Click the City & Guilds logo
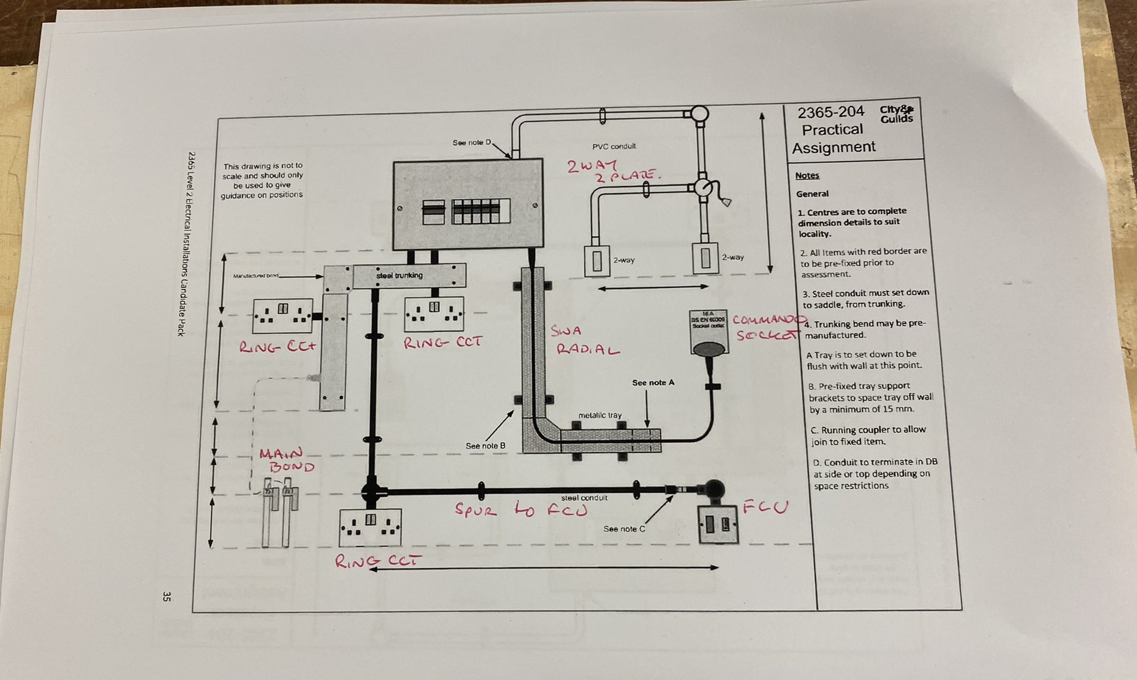click(896, 114)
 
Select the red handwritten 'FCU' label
click(766, 506)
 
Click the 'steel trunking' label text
click(399, 275)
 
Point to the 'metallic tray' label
click(600, 415)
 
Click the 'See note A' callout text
click(653, 382)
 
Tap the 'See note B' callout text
click(485, 446)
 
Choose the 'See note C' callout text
click(624, 528)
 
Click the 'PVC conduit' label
click(613, 146)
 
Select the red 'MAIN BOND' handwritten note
click(286, 460)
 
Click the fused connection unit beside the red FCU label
click(718, 524)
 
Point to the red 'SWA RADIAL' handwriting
click(583, 340)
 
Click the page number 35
click(167, 597)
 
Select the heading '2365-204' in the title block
click(831, 112)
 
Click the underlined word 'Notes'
click(807, 176)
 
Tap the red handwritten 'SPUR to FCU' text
click(520, 509)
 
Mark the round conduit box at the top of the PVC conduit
click(700, 113)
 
